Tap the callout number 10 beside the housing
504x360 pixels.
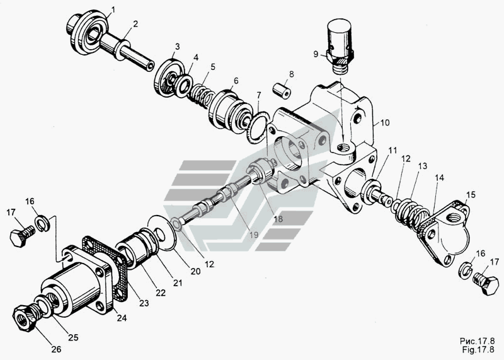pyautogui.click(x=385, y=122)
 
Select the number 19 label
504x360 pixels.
pyautogui.click(x=254, y=235)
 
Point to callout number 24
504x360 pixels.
pyautogui.click(x=122, y=318)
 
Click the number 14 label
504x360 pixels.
pyautogui.click(x=439, y=178)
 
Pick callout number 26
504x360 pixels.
pyautogui.click(x=56, y=349)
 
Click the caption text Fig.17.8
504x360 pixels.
pyautogui.click(x=478, y=349)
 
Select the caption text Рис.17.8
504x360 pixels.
pyautogui.click(x=478, y=341)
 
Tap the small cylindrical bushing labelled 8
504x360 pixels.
pyautogui.click(x=282, y=90)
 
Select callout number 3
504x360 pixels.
pyautogui.click(x=177, y=46)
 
